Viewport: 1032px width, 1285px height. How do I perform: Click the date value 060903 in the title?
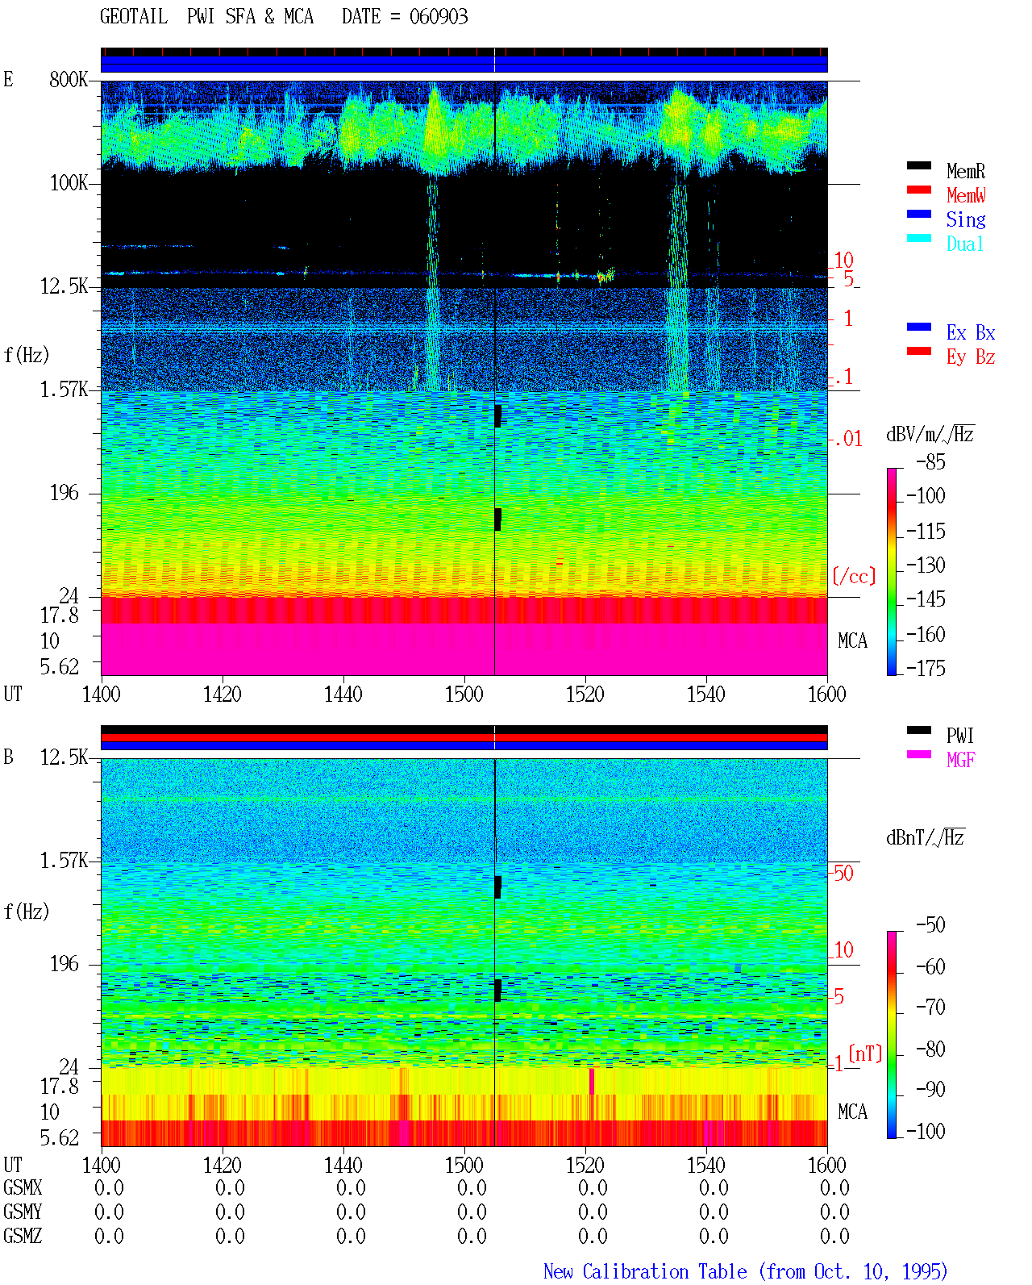438,17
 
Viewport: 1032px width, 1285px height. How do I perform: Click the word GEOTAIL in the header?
134,17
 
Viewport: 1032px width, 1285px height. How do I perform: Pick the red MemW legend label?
965,195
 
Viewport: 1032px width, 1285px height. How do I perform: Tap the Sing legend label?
965,219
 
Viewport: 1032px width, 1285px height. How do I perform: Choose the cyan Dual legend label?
964,244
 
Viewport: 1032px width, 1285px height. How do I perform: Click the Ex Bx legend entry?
970,332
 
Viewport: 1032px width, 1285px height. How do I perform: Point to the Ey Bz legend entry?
970,357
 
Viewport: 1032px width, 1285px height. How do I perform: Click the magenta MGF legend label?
960,760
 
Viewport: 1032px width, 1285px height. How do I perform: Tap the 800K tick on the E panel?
69,79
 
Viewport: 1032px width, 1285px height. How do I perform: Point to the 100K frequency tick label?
69,183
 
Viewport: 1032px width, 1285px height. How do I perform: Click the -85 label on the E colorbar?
930,461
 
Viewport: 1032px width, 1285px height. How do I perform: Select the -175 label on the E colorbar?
926,668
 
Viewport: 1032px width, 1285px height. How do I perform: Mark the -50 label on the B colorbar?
930,924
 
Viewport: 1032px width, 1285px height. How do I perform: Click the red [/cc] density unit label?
854,576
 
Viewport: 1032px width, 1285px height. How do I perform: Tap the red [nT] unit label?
865,1053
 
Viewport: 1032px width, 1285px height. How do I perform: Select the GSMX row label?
23,1187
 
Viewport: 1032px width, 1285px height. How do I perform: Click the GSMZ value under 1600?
834,1236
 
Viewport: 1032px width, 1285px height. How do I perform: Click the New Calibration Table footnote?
745,1272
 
